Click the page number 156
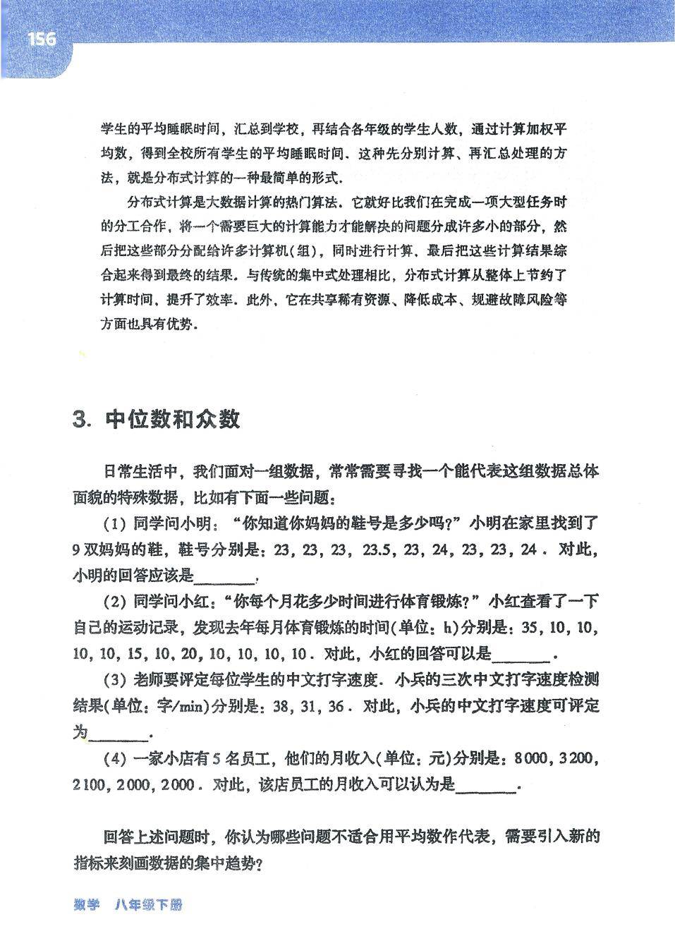[x=42, y=39]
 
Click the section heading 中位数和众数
[x=173, y=420]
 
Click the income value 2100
[x=88, y=785]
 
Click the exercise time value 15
[x=134, y=654]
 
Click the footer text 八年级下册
[x=147, y=905]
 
